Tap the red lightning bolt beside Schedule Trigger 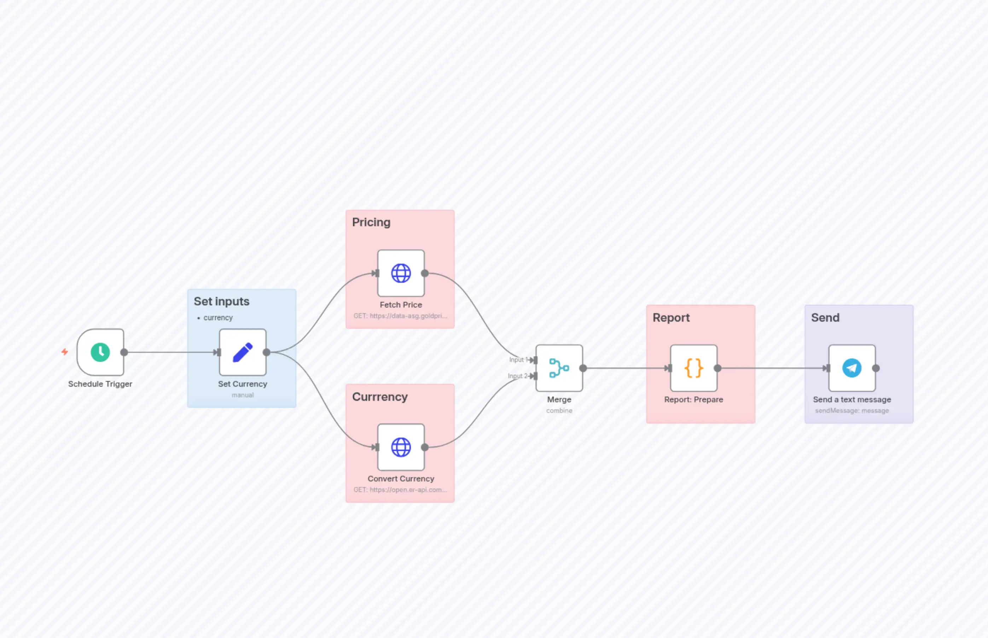click(65, 352)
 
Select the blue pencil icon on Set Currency click(243, 352)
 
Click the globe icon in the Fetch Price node click(401, 273)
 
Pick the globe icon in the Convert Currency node click(401, 447)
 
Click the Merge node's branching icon click(559, 368)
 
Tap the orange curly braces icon click(693, 368)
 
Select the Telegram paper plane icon click(852, 368)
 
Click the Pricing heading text click(371, 222)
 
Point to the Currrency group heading click(380, 397)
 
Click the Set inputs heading click(221, 301)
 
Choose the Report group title click(671, 318)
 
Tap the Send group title click(825, 318)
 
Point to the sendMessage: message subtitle click(852, 411)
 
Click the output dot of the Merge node click(583, 368)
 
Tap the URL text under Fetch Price click(400, 316)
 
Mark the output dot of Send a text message click(876, 368)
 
